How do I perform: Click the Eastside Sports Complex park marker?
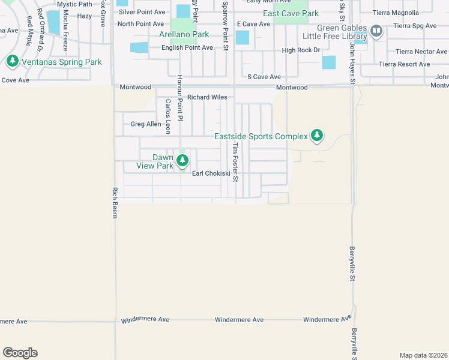[x=317, y=136]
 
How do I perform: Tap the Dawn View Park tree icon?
[x=182, y=160]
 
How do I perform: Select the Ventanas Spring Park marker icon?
[x=12, y=61]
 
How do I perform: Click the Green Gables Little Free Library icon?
[x=376, y=31]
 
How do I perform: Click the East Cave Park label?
[x=291, y=13]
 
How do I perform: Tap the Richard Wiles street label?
[x=206, y=97]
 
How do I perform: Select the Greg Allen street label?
[x=146, y=124]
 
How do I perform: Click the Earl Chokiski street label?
[x=211, y=173]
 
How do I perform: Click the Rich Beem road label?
[x=115, y=202]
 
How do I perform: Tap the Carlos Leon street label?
[x=168, y=116]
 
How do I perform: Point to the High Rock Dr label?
[x=301, y=50]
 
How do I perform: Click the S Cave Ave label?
[x=264, y=77]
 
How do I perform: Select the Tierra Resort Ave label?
[x=404, y=64]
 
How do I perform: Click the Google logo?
[x=20, y=353]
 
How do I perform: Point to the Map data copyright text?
[x=423, y=355]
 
